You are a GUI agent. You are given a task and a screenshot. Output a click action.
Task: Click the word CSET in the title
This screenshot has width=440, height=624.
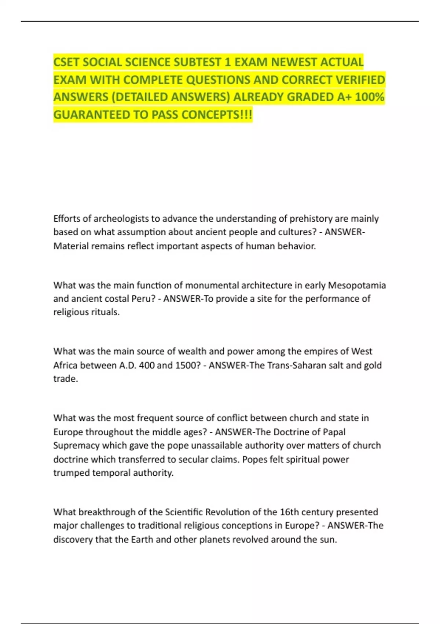tap(66, 62)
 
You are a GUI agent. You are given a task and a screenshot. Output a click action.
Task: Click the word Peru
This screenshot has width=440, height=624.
tap(141, 299)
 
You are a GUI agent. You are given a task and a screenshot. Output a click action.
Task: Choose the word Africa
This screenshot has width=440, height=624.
tap(65, 365)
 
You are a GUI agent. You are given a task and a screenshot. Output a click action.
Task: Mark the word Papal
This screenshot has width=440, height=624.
tap(334, 432)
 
